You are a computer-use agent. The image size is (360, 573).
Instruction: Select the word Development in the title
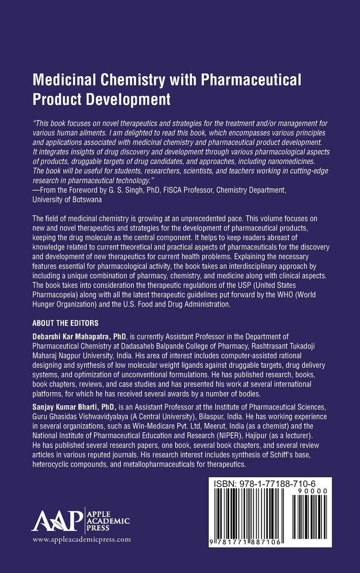click(x=125, y=99)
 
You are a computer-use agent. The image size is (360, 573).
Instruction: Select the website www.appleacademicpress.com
click(x=81, y=540)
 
